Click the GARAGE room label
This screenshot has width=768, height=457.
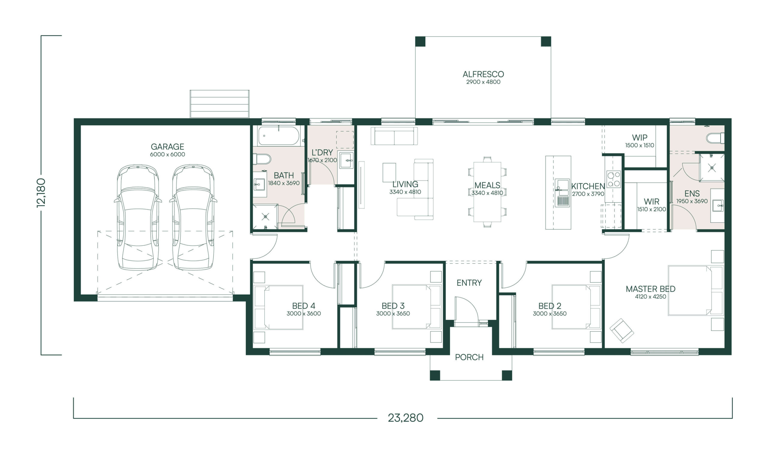167,147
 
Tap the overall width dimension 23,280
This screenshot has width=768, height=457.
405,418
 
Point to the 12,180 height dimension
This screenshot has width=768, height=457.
41,193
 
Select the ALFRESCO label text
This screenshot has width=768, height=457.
483,74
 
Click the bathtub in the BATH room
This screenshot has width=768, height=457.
278,136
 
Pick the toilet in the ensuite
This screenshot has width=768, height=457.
715,138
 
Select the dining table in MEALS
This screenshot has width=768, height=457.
487,192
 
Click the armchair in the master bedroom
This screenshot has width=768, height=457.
621,330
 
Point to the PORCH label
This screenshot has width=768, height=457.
469,357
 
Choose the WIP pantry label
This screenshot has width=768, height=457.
640,137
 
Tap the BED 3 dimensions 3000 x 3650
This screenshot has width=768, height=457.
393,313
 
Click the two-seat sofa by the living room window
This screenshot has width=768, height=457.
394,136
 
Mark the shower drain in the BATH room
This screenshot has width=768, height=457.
265,217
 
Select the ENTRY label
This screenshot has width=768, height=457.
469,283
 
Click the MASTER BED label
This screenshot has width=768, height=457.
650,289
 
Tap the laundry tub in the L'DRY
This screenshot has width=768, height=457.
346,160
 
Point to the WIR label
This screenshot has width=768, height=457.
651,202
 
